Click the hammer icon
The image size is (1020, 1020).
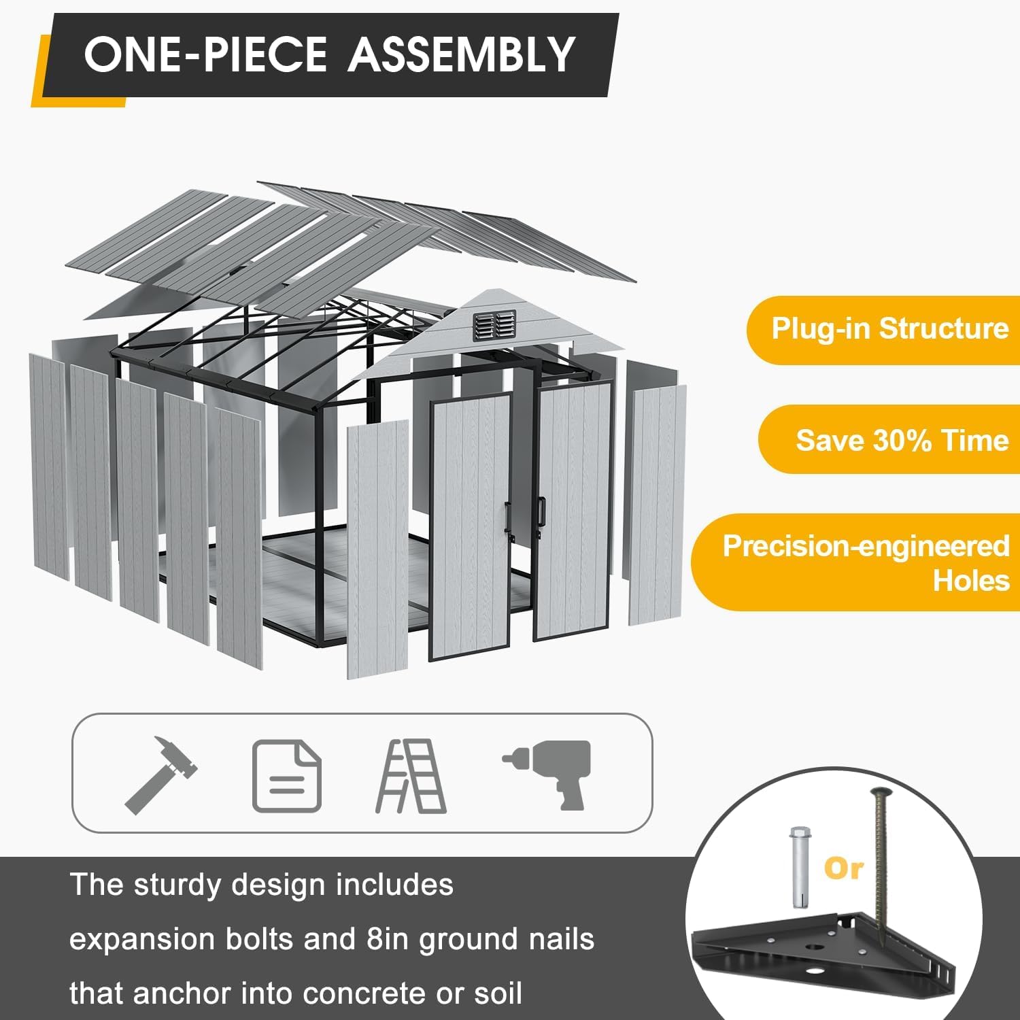tap(160, 775)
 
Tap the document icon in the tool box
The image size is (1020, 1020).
tap(286, 776)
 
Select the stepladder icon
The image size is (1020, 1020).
tap(411, 777)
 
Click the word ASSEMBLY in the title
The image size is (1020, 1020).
tap(462, 54)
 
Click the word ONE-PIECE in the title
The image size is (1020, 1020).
tap(205, 54)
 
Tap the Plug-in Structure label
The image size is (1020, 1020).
tap(890, 328)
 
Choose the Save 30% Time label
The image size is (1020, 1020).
tap(902, 440)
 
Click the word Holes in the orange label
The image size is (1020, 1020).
tap(971, 580)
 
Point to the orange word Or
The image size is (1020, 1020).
tap(843, 868)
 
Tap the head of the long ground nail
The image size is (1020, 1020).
tap(879, 792)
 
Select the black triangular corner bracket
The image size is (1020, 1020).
tap(836, 952)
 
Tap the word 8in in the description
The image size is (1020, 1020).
tap(391, 939)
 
